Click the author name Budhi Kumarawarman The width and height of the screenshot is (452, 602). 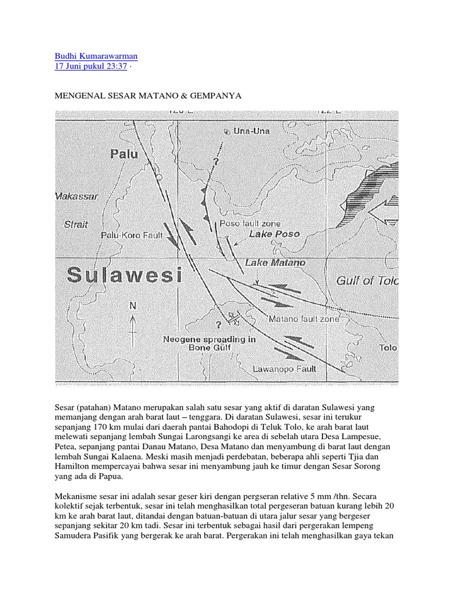[x=96, y=56]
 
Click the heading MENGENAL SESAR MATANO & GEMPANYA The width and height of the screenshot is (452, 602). [x=148, y=95]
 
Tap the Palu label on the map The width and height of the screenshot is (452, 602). [x=124, y=154]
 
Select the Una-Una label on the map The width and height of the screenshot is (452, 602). [x=251, y=131]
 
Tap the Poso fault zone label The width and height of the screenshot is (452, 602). [x=250, y=224]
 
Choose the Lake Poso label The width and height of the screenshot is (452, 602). [x=274, y=234]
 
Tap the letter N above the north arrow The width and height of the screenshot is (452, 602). [x=132, y=306]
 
